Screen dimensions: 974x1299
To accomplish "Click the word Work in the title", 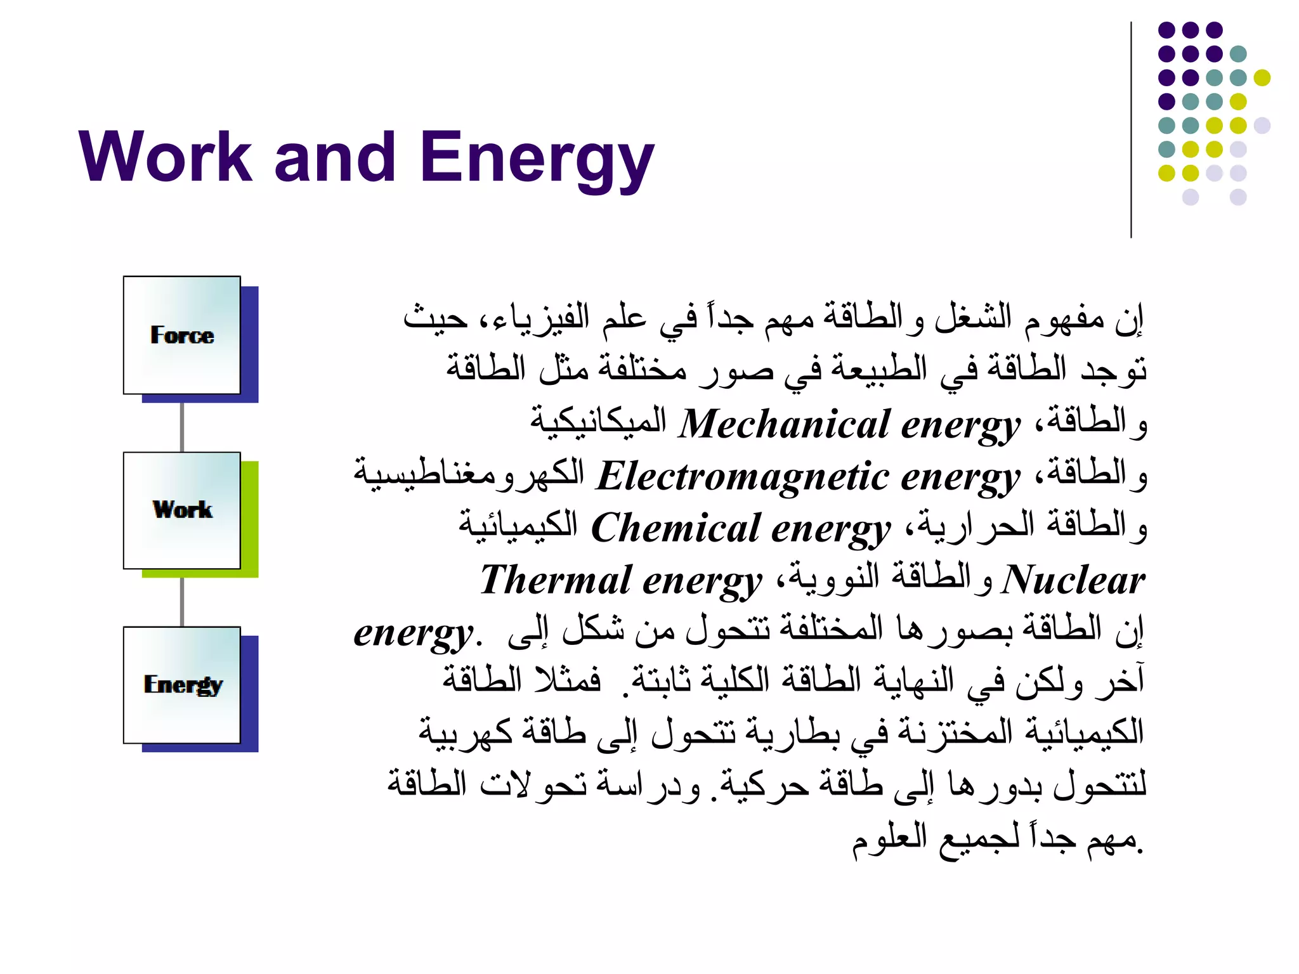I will click(x=166, y=157).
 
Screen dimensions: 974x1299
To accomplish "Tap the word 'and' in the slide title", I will click(x=336, y=157).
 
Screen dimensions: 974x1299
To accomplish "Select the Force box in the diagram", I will click(x=182, y=335).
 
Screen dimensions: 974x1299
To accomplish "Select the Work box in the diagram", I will click(x=182, y=510).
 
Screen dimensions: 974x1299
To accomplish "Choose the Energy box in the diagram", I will click(x=182, y=685).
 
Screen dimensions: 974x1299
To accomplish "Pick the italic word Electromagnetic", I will click(x=742, y=476).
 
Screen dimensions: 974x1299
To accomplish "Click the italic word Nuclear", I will click(x=1073, y=580).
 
